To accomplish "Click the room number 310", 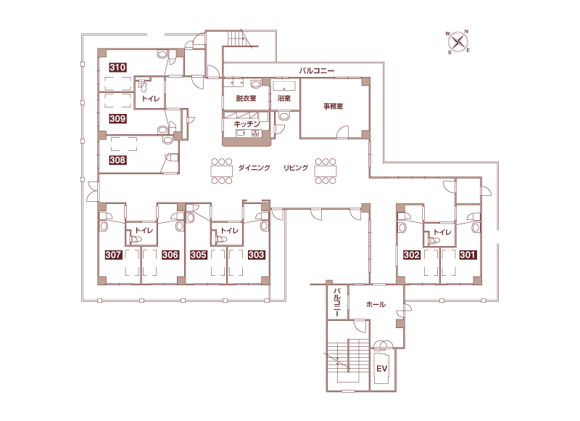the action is (117, 68).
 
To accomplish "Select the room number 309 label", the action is (117, 118).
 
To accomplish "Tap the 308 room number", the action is (117, 160).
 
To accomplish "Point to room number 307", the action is (113, 255).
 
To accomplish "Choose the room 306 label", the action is (170, 255).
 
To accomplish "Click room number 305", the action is (199, 255).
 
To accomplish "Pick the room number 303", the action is (256, 255).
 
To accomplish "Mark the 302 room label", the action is (412, 255).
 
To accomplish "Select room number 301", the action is (468, 255).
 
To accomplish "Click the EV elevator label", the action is (382, 369).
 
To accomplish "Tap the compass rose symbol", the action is (458, 41).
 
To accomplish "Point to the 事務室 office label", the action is (333, 106).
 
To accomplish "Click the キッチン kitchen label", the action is (246, 123).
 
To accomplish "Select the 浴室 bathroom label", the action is (284, 98).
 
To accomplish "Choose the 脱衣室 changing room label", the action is (246, 98).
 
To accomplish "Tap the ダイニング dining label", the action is (254, 168).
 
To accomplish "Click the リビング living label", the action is (296, 168).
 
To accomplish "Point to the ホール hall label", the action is (376, 304).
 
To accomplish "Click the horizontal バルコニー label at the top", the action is (317, 70).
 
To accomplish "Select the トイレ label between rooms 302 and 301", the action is (442, 232).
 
